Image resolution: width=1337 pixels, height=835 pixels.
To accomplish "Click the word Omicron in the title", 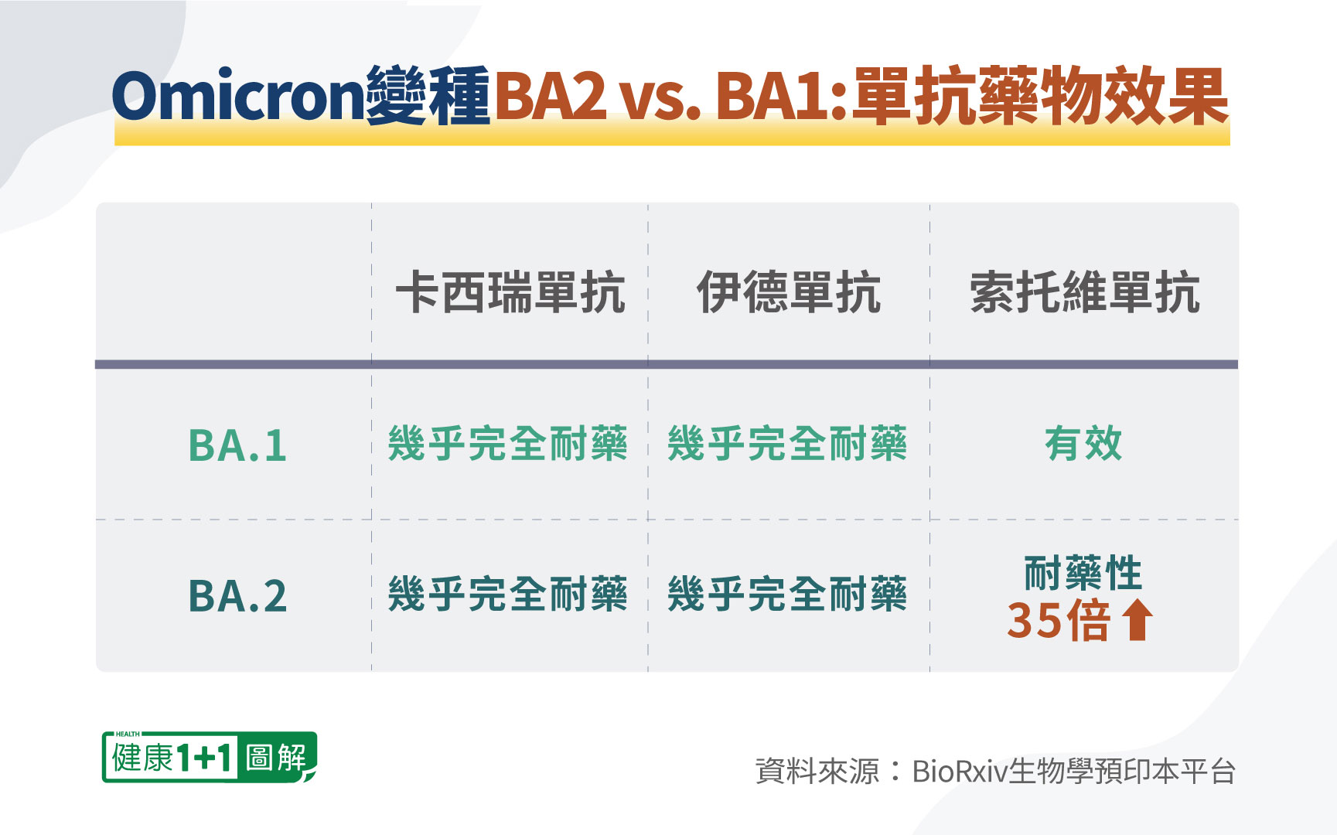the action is click(238, 96).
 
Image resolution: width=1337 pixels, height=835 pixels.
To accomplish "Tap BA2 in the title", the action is click(551, 96).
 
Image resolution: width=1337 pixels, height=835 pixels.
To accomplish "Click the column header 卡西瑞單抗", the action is click(510, 292).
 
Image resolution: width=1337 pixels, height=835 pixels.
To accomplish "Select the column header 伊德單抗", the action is click(789, 292).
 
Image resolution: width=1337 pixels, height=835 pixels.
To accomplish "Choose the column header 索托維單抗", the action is click(1085, 292).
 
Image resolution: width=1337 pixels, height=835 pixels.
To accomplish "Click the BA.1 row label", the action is click(237, 446).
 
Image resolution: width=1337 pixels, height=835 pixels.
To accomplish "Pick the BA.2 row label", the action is click(237, 596).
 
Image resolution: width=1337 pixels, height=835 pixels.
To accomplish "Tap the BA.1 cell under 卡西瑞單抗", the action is click(507, 444).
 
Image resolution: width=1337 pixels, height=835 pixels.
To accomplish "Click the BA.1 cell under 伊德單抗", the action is click(787, 444).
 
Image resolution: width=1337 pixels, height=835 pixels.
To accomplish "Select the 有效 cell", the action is click(1083, 444).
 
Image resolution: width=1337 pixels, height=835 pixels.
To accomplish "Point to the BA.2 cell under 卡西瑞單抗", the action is click(507, 594).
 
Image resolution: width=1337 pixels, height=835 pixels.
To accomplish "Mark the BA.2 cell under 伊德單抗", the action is click(787, 594).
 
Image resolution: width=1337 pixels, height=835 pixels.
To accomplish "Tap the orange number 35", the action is click(1032, 620).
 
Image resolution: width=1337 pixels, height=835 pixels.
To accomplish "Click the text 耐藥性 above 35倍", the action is click(1083, 573).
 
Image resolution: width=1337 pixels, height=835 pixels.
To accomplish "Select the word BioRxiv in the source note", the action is click(960, 772).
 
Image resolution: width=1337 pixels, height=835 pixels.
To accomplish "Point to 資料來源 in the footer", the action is click(817, 772).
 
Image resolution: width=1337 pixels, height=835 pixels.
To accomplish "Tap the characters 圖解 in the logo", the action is click(276, 757).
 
